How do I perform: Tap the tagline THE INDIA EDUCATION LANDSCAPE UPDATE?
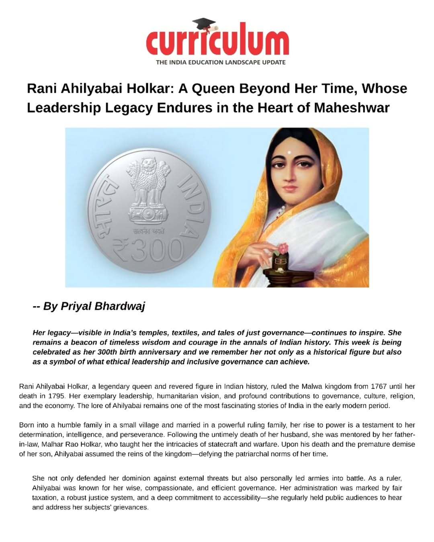click(x=221, y=62)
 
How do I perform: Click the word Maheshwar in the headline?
click(x=352, y=108)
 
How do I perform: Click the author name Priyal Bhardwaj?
click(x=103, y=306)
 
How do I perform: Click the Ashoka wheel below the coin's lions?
click(x=145, y=211)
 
